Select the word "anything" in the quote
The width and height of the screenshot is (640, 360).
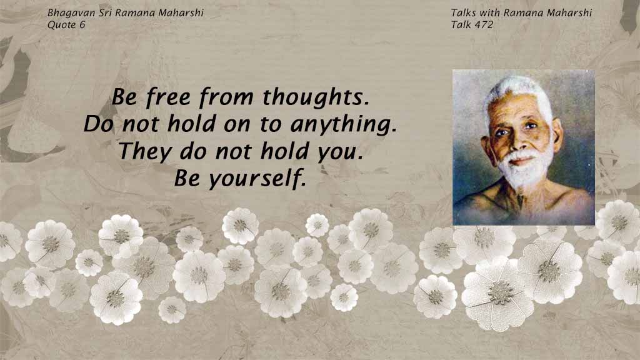(x=343, y=125)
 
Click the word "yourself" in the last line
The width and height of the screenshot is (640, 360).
(x=257, y=178)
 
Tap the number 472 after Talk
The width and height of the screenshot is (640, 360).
(x=484, y=25)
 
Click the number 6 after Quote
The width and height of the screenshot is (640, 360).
(x=82, y=25)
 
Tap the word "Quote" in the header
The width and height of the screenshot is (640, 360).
(x=62, y=25)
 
